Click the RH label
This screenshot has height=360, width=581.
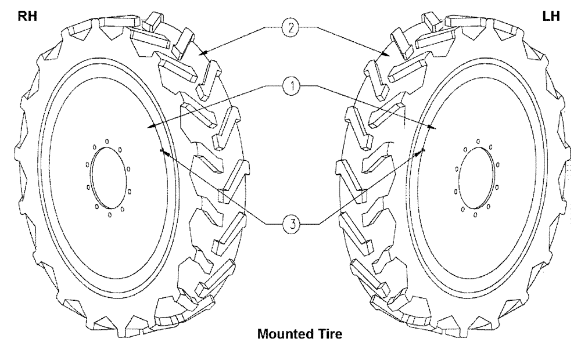[x=27, y=16]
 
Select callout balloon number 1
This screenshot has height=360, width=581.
[x=292, y=87]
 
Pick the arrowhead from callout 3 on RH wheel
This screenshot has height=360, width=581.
[x=163, y=151]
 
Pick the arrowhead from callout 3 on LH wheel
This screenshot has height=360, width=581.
[x=422, y=150]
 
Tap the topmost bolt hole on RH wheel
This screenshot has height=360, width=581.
[x=107, y=140]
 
